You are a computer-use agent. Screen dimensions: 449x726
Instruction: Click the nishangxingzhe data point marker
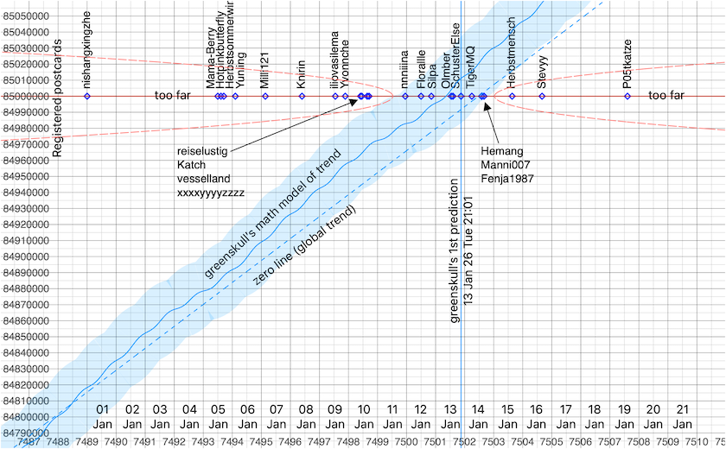pos(86,96)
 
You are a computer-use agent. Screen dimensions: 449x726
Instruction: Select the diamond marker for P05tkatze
pos(627,96)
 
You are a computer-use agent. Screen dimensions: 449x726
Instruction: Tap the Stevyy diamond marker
pos(542,96)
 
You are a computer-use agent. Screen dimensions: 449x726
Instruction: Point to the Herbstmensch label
pos(512,51)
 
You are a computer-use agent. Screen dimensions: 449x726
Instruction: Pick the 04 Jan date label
pos(189,417)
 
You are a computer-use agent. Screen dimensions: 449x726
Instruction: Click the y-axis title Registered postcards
pos(58,98)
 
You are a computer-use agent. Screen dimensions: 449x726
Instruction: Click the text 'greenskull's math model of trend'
pos(273,212)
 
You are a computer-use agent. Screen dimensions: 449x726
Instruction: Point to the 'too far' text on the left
pos(172,96)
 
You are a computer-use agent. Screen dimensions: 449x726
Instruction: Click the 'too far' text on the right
pos(665,96)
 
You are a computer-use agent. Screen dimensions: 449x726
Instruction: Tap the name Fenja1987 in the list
pos(506,179)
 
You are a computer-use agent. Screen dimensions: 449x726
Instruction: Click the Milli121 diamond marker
pos(266,96)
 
